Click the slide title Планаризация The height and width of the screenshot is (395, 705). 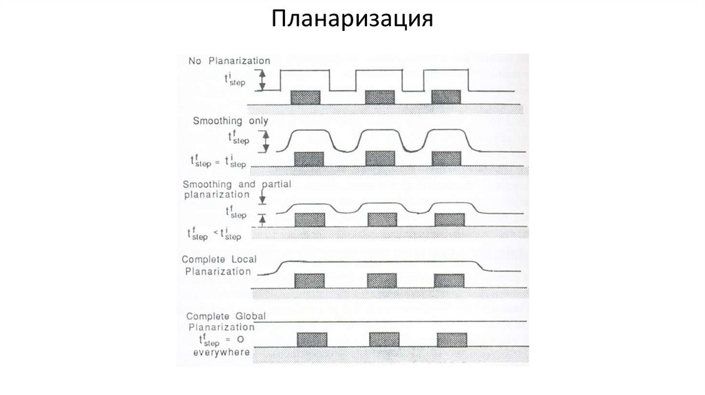point(352,19)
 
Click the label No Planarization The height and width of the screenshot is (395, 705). point(229,61)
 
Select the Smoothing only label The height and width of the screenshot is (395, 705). point(230,121)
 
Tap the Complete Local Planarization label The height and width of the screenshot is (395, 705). point(216,265)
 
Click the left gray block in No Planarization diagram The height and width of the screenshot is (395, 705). point(304,98)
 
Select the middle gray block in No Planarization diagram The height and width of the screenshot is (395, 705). point(379,98)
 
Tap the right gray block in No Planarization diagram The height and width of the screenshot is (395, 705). point(445,98)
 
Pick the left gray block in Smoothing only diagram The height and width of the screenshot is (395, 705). point(308,159)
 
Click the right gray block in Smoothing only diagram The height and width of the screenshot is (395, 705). point(446,159)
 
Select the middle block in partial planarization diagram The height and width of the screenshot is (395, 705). point(381,220)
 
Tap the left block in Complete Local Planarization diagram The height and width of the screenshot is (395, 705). point(309,281)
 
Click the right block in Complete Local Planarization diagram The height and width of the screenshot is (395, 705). point(448,281)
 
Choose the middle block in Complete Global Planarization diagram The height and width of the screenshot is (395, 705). point(383,340)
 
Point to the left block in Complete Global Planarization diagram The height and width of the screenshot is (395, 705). point(312,340)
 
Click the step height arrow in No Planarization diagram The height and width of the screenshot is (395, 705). point(262,80)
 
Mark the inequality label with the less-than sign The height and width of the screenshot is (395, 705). point(214,234)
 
